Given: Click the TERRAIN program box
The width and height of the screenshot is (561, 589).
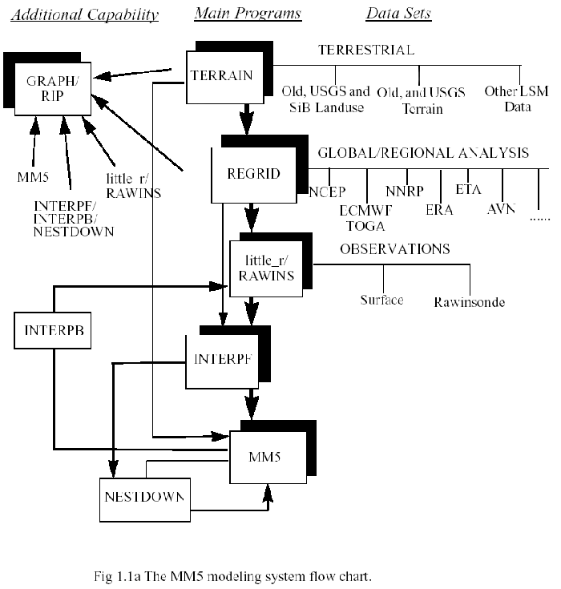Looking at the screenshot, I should [x=222, y=77].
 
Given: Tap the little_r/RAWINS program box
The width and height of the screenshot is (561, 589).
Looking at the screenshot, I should [x=261, y=268].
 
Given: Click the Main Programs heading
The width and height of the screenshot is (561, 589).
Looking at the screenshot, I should [x=248, y=14].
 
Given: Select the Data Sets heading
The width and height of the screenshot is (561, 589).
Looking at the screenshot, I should [x=398, y=14].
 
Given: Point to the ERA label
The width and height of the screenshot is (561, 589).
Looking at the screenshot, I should [x=440, y=210].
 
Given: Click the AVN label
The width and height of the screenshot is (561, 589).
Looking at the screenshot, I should [x=501, y=208].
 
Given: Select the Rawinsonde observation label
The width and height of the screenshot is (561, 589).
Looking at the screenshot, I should [x=469, y=302].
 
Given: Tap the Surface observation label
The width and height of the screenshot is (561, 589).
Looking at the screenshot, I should [x=381, y=300].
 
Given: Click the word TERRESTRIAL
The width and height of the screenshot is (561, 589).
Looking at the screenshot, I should [x=366, y=50].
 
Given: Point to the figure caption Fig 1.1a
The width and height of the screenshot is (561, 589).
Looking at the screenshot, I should [x=232, y=575].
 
